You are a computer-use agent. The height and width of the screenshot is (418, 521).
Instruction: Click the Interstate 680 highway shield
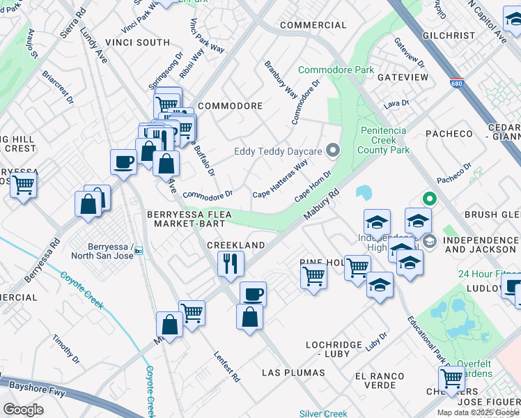[457, 82]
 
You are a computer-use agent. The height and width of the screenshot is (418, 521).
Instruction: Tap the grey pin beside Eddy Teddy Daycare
[333, 150]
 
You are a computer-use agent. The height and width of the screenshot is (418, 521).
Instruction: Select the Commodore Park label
[336, 70]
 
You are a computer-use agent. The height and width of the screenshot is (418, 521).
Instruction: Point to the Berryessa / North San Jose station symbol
[139, 251]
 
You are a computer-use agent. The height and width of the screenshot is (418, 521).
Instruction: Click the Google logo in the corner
[23, 409]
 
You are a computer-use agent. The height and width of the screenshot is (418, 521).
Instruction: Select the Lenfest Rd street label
[227, 367]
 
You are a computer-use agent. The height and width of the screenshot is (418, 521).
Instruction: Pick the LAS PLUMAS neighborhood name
[293, 373]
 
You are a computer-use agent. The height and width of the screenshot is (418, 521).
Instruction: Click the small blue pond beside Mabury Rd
[364, 192]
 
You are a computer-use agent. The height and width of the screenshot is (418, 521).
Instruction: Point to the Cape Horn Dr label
[313, 186]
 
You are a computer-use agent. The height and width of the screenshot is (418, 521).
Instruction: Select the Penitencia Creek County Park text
[384, 140]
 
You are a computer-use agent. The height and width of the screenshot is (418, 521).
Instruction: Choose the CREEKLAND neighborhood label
[236, 245]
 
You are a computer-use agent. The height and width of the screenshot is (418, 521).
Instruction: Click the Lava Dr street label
[396, 103]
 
